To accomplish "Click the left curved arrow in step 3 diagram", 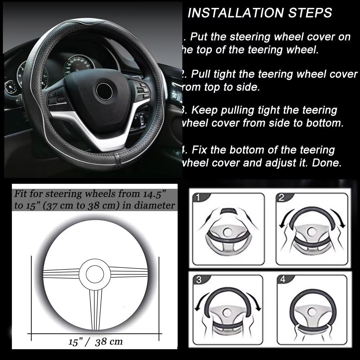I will pos(201,300).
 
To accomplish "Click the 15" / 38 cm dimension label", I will pos(95,341).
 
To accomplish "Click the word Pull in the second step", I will pos(201,74).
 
